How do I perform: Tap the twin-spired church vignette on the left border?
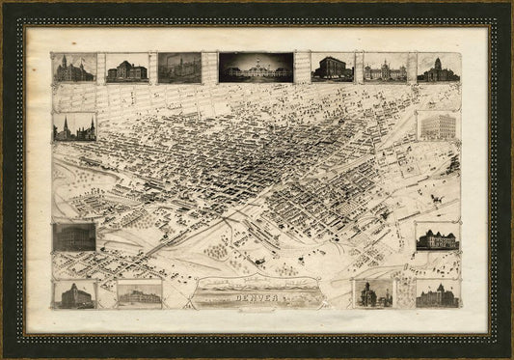73,127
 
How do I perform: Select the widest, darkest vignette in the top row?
256,68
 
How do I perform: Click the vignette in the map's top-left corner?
74,68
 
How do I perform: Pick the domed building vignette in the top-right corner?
439,68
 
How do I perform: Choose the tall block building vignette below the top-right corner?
439,126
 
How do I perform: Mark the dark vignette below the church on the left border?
73,236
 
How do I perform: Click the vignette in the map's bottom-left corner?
74,294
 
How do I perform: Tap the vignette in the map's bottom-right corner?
437,294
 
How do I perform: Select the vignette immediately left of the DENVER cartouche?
139,294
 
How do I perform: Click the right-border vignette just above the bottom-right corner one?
437,237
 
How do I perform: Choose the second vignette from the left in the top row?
127,69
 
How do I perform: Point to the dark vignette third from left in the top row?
179,68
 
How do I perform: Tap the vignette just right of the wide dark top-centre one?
331,68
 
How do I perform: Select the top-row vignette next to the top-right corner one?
385,68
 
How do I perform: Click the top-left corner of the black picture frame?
3,3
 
